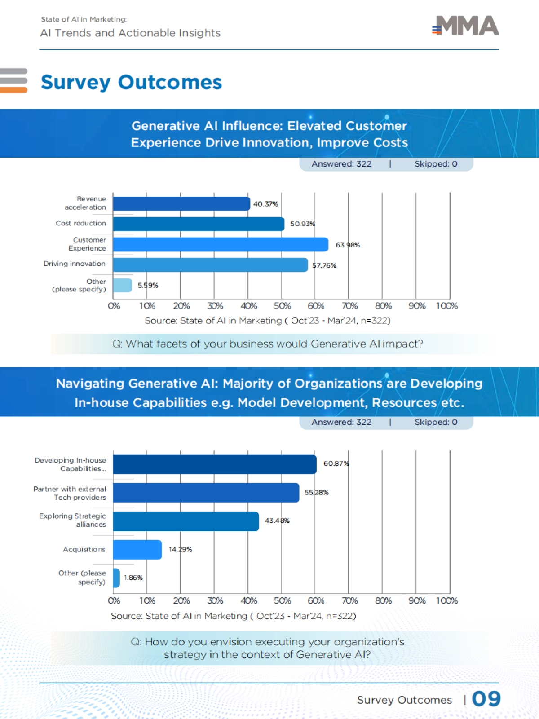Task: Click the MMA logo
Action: click(466, 26)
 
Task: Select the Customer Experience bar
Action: click(221, 244)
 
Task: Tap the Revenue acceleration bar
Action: click(181, 203)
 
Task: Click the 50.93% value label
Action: click(302, 224)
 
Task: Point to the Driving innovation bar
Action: click(210, 265)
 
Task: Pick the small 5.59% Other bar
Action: click(122, 285)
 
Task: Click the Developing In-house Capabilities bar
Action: click(215, 464)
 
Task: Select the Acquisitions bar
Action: click(137, 550)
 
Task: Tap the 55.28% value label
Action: click(316, 492)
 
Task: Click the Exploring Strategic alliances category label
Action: click(73, 520)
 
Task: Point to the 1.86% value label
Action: click(133, 578)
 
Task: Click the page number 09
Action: click(486, 699)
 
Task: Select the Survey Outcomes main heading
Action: click(131, 82)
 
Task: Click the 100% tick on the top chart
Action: click(447, 306)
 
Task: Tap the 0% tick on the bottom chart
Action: click(114, 600)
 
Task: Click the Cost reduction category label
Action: click(81, 223)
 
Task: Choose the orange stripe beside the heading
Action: click(13, 90)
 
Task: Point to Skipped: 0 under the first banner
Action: click(436, 164)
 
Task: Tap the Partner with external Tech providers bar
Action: click(206, 493)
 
